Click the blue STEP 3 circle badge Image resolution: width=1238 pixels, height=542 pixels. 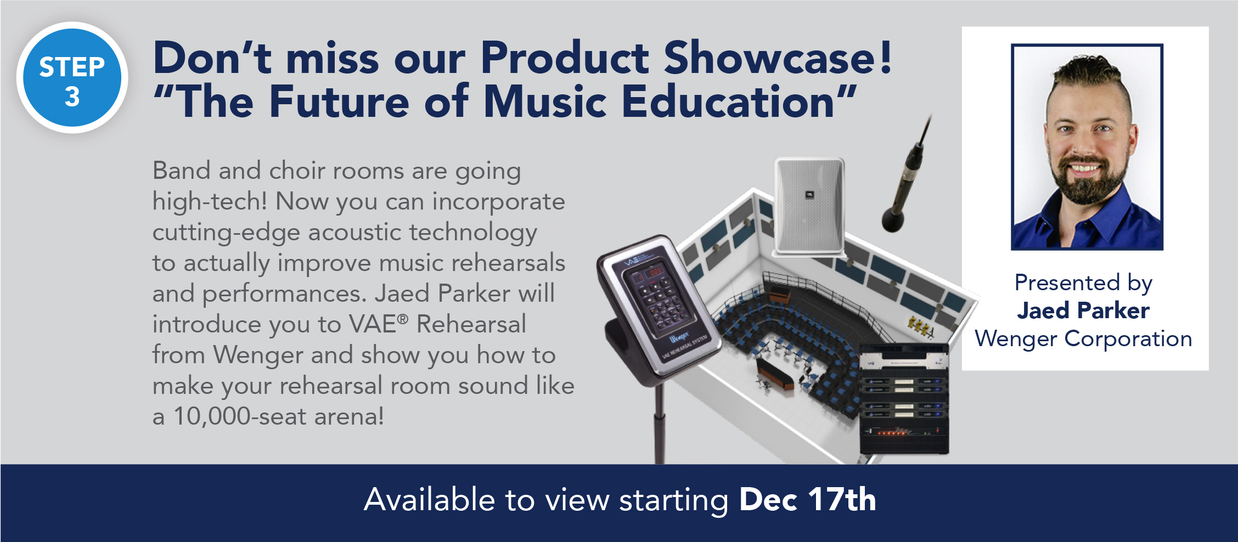(72, 78)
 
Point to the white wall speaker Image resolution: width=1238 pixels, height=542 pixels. (809, 206)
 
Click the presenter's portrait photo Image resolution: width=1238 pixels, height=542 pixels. (1087, 147)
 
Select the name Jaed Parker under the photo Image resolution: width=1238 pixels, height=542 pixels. (1083, 310)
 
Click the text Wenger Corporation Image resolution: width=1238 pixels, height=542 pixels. (1083, 339)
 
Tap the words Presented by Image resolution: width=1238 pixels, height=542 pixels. (1083, 283)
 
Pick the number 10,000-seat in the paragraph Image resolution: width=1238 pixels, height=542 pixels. (240, 416)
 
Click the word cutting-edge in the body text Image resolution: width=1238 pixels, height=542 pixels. (226, 233)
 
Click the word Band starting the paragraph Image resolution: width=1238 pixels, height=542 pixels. (181, 171)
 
